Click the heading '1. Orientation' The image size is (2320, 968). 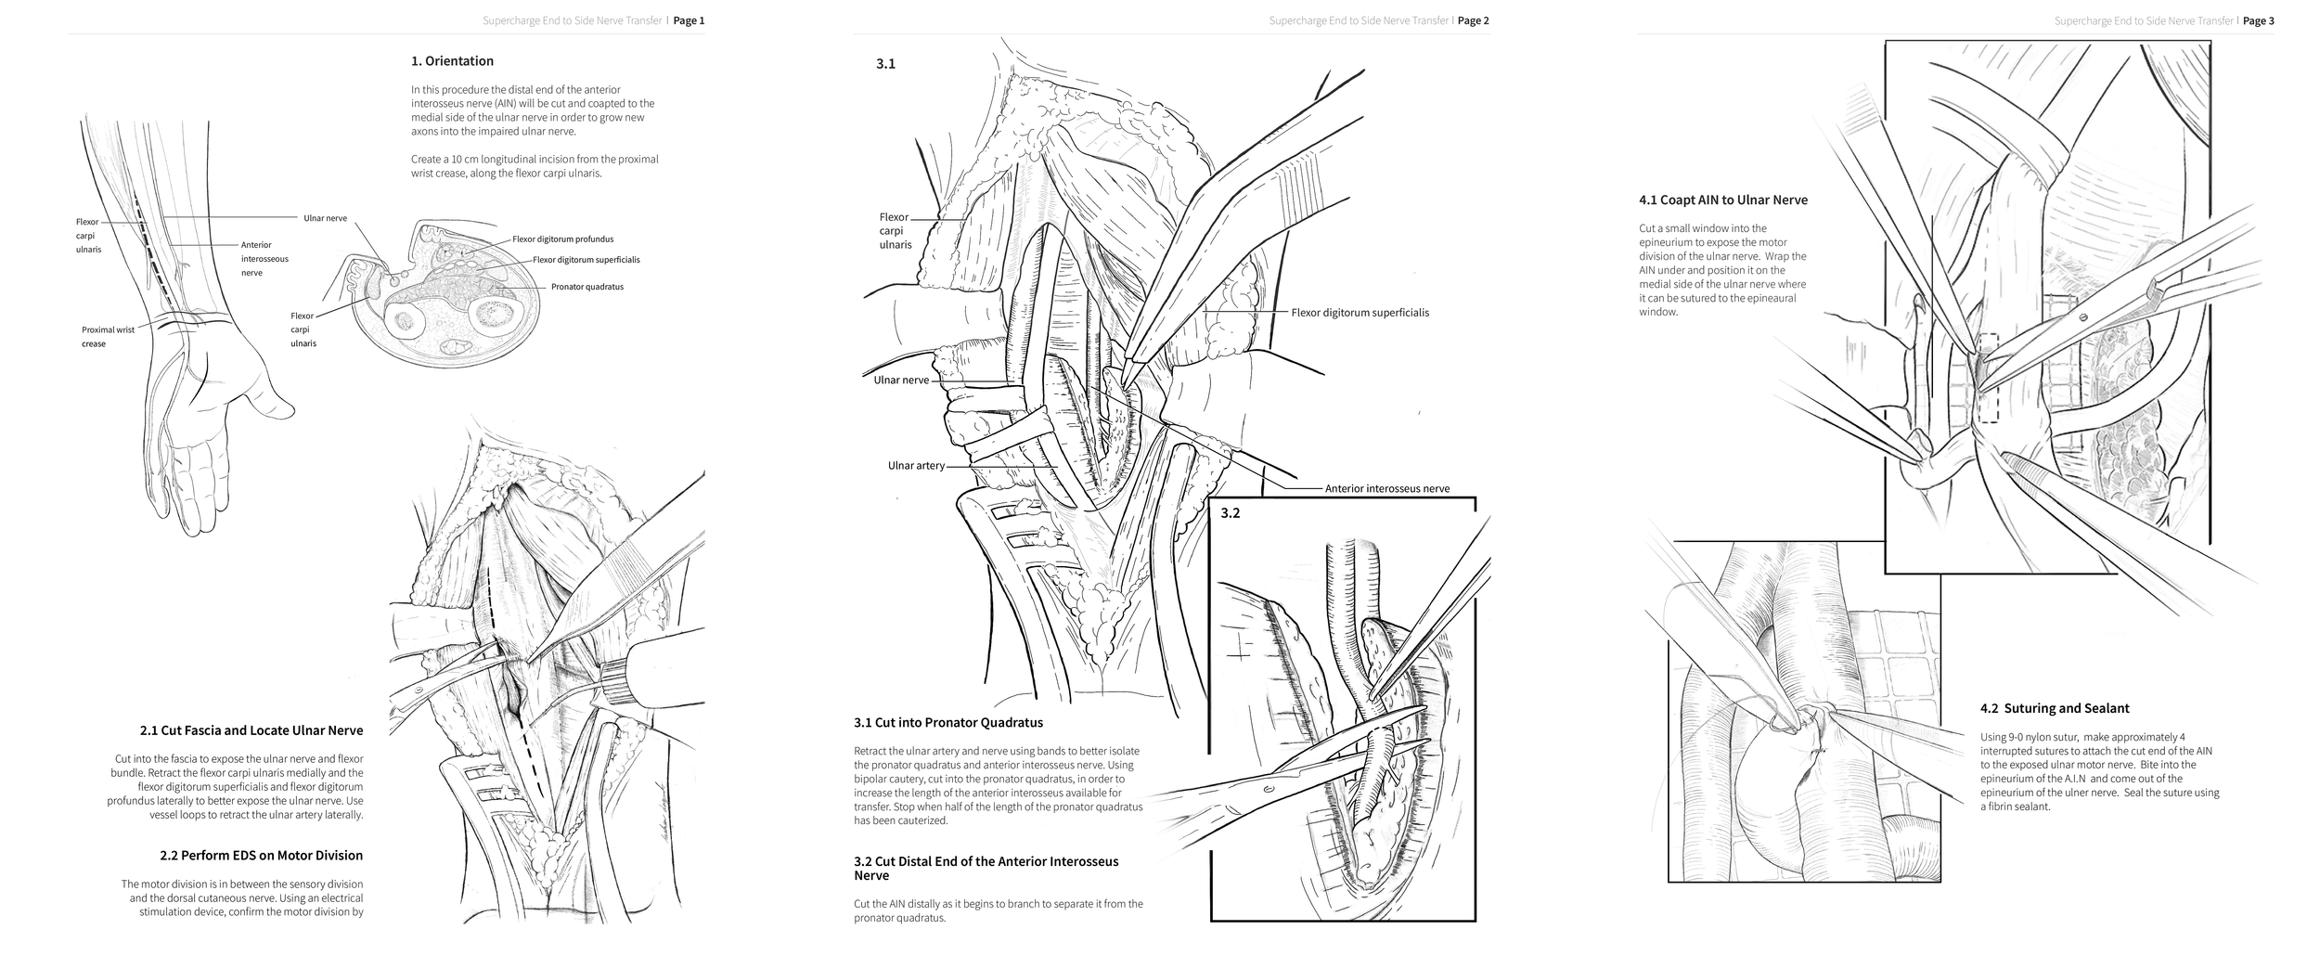click(452, 61)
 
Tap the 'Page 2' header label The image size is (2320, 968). click(1473, 20)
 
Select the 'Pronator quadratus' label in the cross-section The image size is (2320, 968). click(586, 287)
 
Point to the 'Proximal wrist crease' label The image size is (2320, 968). click(107, 336)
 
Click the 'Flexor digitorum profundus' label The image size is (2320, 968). click(562, 239)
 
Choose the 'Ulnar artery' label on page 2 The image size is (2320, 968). click(915, 465)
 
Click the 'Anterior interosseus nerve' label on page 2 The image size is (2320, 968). click(1386, 488)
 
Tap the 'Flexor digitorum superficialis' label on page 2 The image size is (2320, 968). click(1360, 313)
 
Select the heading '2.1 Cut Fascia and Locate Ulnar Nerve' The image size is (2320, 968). click(251, 730)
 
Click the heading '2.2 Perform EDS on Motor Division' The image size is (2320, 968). click(261, 855)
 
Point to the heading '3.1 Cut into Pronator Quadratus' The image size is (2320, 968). click(947, 722)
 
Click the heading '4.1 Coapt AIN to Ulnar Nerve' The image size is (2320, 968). click(1722, 200)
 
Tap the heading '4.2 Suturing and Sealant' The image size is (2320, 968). click(2054, 708)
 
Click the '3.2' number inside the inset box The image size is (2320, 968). click(1230, 513)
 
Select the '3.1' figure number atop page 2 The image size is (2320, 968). click(885, 64)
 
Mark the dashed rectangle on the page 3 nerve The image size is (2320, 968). click(1987, 391)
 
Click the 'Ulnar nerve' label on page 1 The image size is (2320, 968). click(325, 218)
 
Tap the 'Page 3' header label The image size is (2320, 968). click(2258, 20)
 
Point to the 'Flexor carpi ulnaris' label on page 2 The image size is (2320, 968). click(895, 230)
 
